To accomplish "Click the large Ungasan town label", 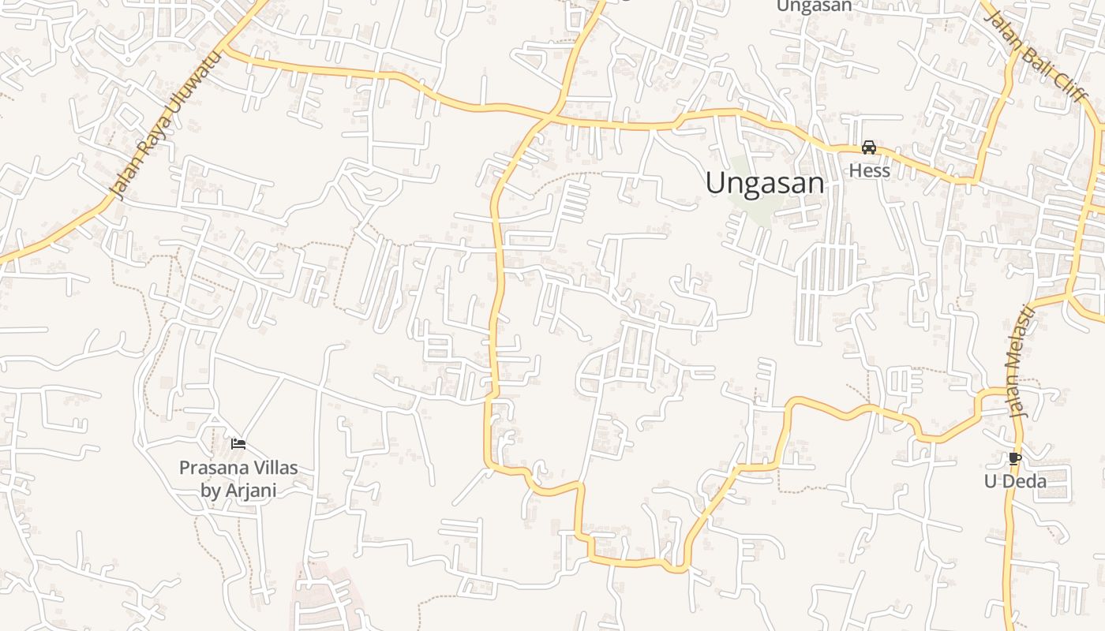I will point(764,183).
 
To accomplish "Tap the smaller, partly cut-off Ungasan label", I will point(814,6).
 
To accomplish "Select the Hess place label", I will point(869,170).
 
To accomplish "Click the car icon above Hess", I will point(869,147).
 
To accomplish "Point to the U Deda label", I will point(1014,481).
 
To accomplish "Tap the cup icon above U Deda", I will point(1014,458).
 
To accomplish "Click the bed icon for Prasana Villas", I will point(238,444).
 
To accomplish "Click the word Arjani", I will point(250,491).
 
